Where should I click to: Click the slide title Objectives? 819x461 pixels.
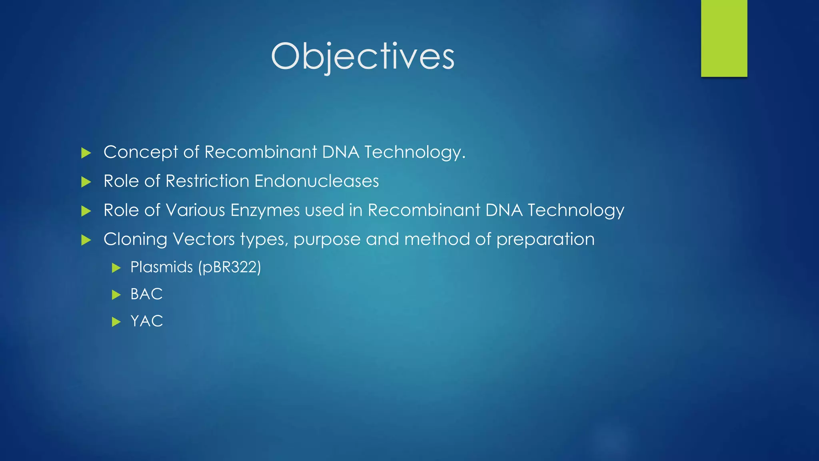click(362, 56)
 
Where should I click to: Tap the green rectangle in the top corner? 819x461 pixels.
click(724, 38)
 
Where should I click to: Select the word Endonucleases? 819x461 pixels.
click(316, 181)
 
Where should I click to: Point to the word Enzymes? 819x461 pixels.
click(265, 210)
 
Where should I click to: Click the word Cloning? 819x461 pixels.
click(135, 240)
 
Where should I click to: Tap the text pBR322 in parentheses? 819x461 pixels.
click(230, 267)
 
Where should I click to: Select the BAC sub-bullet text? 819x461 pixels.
click(146, 294)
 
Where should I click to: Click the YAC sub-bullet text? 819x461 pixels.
click(147, 321)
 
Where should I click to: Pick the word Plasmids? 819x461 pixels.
click(162, 267)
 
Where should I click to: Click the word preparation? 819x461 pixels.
click(545, 240)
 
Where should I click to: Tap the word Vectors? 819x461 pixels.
click(204, 240)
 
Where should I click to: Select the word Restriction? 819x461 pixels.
click(207, 181)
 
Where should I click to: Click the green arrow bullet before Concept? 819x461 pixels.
click(86, 153)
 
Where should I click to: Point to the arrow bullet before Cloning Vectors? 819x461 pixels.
click(86, 240)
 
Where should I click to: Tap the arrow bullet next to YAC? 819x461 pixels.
click(116, 322)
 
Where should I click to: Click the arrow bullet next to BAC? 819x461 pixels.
click(116, 295)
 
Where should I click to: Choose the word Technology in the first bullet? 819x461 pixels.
click(415, 152)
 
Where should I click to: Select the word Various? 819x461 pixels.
click(195, 210)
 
